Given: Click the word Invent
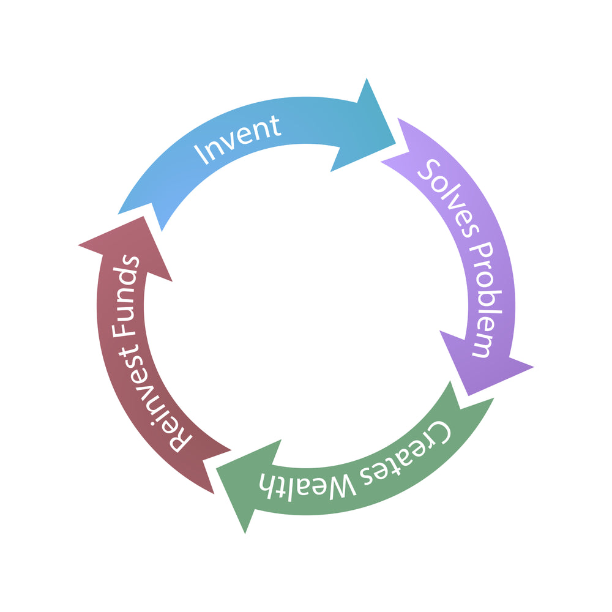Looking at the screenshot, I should tap(237, 140).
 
